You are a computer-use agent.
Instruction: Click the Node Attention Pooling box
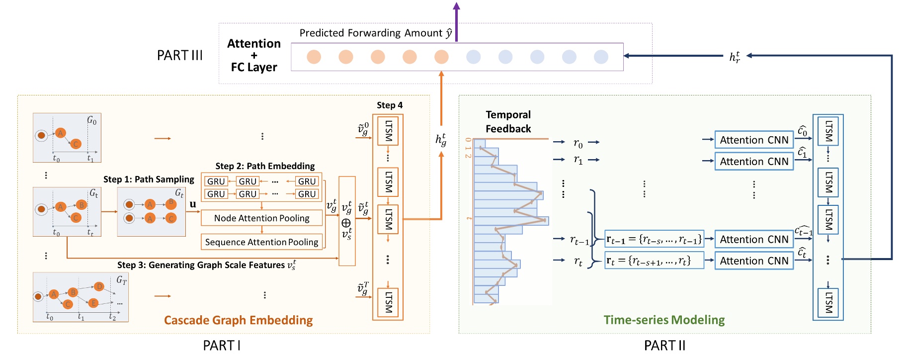click(261, 218)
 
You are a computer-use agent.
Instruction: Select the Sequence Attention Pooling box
click(261, 242)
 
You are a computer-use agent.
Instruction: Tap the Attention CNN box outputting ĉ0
click(753, 140)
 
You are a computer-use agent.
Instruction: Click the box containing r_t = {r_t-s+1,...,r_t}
click(654, 261)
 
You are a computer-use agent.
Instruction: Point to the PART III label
click(180, 56)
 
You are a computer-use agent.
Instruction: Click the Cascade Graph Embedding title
click(239, 320)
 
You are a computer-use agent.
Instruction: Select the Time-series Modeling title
click(664, 320)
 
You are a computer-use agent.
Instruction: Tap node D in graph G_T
click(99, 286)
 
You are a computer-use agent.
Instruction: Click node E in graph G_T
click(93, 303)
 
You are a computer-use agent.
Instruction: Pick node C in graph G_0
click(76, 144)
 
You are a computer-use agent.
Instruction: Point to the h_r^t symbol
click(735, 57)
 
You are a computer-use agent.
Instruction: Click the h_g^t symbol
click(441, 139)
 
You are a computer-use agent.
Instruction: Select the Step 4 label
click(389, 105)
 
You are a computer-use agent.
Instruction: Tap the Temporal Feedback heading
click(508, 122)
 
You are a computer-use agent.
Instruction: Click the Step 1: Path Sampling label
click(149, 179)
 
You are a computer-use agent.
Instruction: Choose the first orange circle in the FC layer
click(314, 57)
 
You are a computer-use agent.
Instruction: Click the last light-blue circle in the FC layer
click(601, 57)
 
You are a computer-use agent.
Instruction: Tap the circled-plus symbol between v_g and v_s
click(346, 223)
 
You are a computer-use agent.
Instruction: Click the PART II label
click(664, 346)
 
